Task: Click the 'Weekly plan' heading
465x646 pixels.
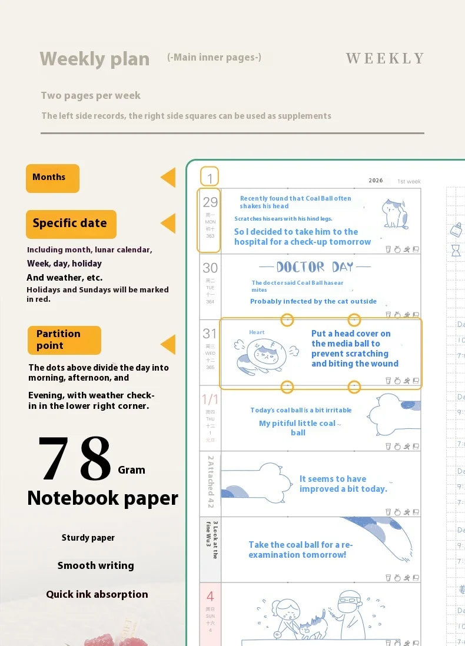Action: tap(94, 59)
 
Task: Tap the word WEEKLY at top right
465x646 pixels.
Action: tap(385, 58)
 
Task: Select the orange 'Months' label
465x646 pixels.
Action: tap(52, 178)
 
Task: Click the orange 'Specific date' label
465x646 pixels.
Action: tap(71, 224)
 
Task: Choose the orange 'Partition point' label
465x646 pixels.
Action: tap(64, 339)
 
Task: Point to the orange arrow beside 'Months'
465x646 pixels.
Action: tap(168, 178)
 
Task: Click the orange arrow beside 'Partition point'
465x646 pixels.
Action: tap(168, 344)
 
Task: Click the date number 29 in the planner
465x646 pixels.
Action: tap(210, 202)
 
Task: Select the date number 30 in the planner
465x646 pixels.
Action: tap(210, 268)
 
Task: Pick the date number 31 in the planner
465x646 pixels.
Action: tap(210, 334)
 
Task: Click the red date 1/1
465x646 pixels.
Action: tap(210, 400)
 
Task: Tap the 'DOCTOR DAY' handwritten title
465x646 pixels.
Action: tap(314, 267)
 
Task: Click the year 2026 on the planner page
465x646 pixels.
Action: tap(376, 181)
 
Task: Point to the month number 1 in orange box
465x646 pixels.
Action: tap(210, 177)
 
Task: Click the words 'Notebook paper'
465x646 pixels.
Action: tap(102, 498)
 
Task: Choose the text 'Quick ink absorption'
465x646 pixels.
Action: tap(97, 594)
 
